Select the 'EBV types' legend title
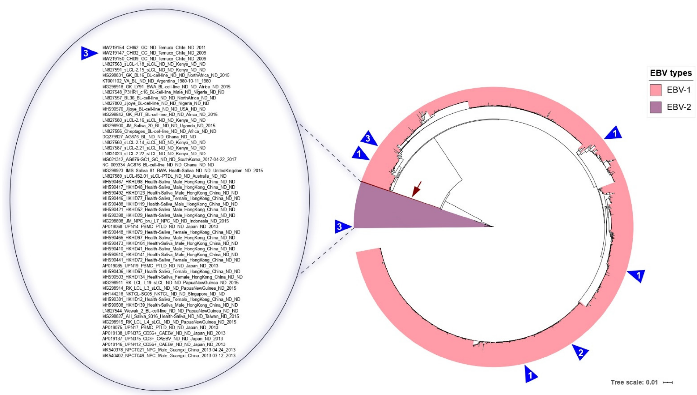click(671, 73)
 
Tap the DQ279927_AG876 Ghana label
click(149, 137)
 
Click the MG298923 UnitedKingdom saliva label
click(182, 171)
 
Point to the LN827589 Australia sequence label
click(164, 176)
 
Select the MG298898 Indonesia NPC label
click(165, 221)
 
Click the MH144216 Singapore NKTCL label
click(163, 294)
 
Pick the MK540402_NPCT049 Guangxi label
click(169, 355)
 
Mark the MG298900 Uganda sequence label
click(159, 126)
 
